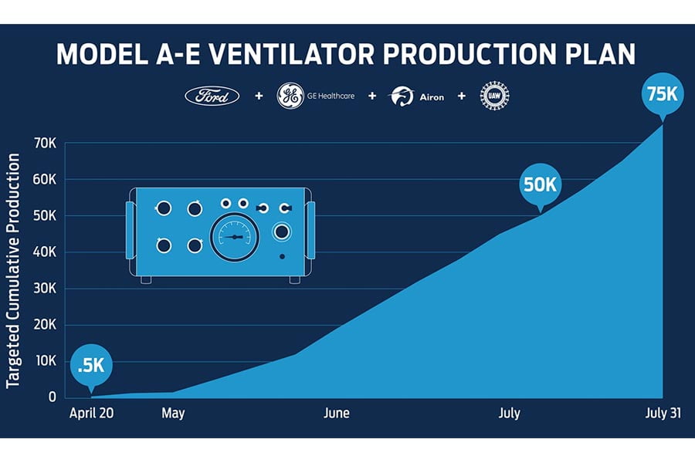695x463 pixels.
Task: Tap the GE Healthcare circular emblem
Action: pyautogui.click(x=290, y=96)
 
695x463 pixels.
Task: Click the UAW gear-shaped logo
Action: pyautogui.click(x=495, y=96)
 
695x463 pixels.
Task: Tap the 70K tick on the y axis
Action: pyautogui.click(x=42, y=144)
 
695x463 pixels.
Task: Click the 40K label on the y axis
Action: pyautogui.click(x=42, y=252)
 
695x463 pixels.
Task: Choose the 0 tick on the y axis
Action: pyautogui.click(x=52, y=397)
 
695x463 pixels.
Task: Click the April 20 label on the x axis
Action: pyautogui.click(x=92, y=414)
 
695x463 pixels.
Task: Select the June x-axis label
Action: pyautogui.click(x=337, y=414)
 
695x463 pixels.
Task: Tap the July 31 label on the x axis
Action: pyautogui.click(x=663, y=414)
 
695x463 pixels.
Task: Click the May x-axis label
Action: pyautogui.click(x=174, y=414)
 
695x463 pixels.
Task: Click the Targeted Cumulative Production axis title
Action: pyautogui.click(x=14, y=270)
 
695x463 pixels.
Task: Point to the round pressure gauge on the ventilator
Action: pyautogui.click(x=235, y=237)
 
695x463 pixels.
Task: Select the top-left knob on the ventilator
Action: pyautogui.click(x=164, y=208)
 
